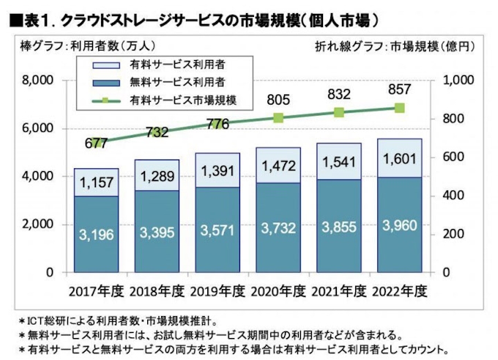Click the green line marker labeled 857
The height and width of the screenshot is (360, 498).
pyautogui.click(x=400, y=108)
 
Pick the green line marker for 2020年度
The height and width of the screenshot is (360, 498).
pyautogui.click(x=278, y=118)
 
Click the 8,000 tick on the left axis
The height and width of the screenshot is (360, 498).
pyautogui.click(x=38, y=80)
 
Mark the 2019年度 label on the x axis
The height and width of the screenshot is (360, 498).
pyautogui.click(x=217, y=292)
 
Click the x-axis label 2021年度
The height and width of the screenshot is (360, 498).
pyautogui.click(x=339, y=292)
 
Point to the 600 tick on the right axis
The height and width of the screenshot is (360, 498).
pyautogui.click(x=455, y=157)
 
